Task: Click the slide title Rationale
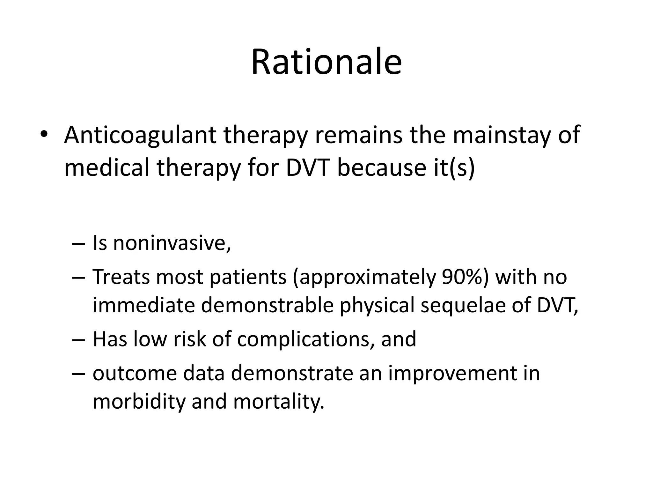[326, 62]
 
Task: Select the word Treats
[121, 277]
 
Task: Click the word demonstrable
[267, 305]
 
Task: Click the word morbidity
[139, 402]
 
